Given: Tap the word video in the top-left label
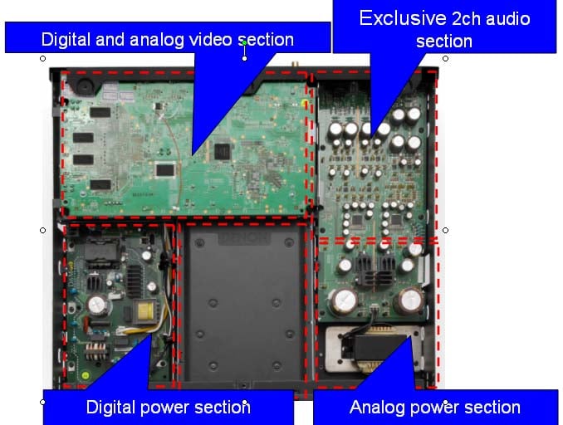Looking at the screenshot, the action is (x=210, y=39).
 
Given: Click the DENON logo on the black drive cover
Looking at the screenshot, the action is (x=244, y=237).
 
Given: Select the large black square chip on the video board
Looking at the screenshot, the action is (x=223, y=151).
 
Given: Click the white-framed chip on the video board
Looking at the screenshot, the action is (x=165, y=170).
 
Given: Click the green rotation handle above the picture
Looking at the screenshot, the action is (x=244, y=43).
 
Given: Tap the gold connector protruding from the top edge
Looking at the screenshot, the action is (x=295, y=64).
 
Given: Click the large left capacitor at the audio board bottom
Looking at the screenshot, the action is (x=345, y=300).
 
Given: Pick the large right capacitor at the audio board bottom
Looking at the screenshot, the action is (x=409, y=300).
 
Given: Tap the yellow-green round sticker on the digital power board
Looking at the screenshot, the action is (x=86, y=375).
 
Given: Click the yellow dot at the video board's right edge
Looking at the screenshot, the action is (x=305, y=104).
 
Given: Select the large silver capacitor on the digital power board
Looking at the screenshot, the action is (x=96, y=305).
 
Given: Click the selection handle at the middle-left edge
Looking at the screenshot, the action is (x=42, y=230).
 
